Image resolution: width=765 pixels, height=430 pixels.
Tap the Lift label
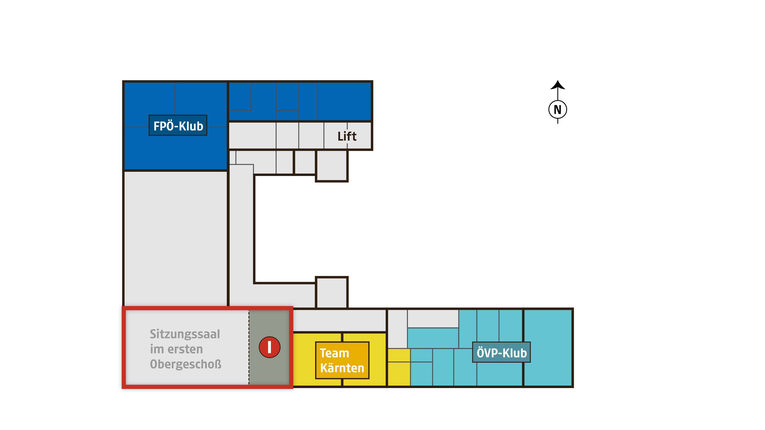[x=347, y=136]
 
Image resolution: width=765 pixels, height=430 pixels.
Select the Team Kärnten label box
[x=342, y=360]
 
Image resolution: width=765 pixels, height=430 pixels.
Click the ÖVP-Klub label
[x=501, y=352]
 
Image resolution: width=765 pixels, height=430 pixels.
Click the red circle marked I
[x=269, y=347]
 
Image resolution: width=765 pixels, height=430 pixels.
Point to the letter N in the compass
[x=558, y=110]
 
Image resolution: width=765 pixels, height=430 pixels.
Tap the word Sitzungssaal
[x=185, y=334]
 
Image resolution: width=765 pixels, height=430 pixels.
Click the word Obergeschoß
[x=186, y=364]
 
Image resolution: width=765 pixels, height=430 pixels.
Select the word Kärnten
[x=342, y=368]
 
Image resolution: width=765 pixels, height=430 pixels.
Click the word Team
[x=334, y=353]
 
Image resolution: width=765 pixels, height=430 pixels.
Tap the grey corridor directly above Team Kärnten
[x=339, y=320]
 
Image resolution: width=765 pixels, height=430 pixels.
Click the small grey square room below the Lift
[x=332, y=166]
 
